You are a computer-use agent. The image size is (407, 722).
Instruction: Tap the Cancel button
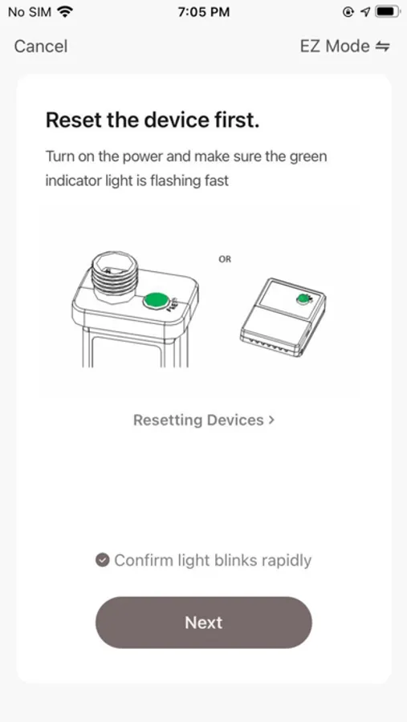(x=41, y=46)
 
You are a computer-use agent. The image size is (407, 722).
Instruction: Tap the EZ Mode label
(x=335, y=46)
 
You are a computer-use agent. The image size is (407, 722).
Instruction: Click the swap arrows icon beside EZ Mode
(x=383, y=46)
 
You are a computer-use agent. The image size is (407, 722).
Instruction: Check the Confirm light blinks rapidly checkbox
(x=102, y=560)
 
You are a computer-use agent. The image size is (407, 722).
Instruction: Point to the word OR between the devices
(x=225, y=259)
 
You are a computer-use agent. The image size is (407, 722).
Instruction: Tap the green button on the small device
(x=303, y=299)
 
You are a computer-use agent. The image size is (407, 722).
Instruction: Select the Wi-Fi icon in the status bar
(x=66, y=12)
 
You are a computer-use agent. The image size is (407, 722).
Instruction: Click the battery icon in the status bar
(x=387, y=12)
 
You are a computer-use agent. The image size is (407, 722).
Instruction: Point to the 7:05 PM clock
(x=204, y=12)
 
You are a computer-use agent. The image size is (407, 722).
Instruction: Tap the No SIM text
(x=30, y=12)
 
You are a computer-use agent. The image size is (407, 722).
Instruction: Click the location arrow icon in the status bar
(x=365, y=12)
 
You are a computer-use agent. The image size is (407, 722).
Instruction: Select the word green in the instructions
(x=308, y=156)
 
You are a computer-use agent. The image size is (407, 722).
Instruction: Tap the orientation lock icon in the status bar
(x=348, y=12)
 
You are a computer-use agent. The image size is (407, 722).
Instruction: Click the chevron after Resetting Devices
(x=271, y=420)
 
